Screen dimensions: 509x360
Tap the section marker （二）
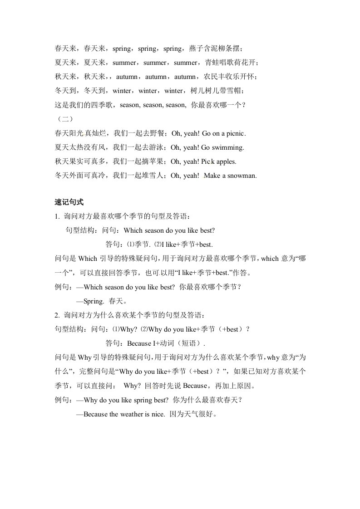[62, 119]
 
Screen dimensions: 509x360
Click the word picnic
[234, 133]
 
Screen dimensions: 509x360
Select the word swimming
[228, 147]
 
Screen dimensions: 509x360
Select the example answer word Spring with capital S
[94, 301]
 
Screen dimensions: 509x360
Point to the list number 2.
[56, 315]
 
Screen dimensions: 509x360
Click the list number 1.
[56, 216]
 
